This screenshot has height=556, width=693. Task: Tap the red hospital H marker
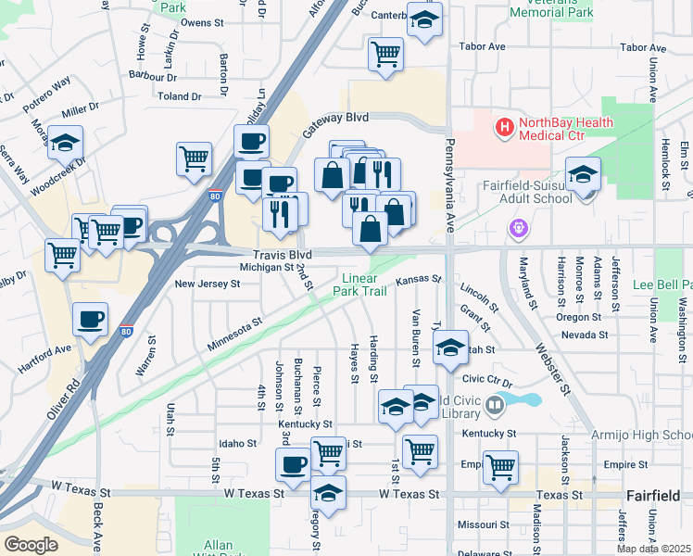(x=505, y=127)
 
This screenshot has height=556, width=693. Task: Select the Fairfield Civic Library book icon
(x=496, y=404)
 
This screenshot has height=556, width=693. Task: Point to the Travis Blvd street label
(x=282, y=254)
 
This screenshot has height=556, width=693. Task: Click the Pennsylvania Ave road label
(x=450, y=184)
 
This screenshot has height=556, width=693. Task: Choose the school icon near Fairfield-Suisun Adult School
(x=584, y=174)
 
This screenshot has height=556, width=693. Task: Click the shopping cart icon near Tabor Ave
(x=385, y=53)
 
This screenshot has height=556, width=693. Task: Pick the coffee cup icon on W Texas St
(x=294, y=464)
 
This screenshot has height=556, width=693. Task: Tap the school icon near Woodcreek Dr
(x=65, y=144)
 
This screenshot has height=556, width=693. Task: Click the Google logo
(x=30, y=544)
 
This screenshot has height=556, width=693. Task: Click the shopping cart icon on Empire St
(x=500, y=467)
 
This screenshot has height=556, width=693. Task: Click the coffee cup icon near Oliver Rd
(x=91, y=320)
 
